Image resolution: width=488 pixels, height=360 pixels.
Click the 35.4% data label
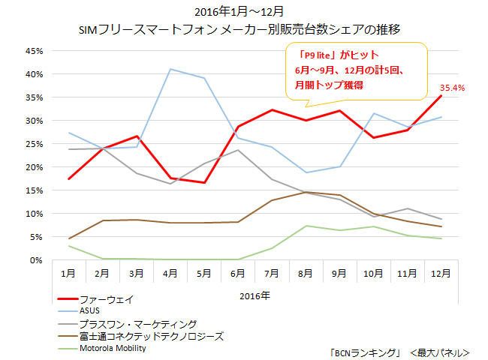(x=452, y=88)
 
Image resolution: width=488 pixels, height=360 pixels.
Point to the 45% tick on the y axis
(x=34, y=51)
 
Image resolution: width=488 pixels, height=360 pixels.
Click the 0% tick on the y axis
(x=36, y=260)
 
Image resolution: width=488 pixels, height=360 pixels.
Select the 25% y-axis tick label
(x=34, y=144)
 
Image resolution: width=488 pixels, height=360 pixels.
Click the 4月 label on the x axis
(x=170, y=274)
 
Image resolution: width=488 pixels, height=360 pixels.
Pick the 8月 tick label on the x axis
(x=306, y=274)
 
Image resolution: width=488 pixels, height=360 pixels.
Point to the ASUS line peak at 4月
(x=170, y=69)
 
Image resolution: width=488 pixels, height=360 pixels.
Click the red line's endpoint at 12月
(x=441, y=96)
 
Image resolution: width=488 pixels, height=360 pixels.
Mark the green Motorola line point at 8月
(x=306, y=226)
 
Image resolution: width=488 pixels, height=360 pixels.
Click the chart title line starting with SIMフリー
(x=244, y=30)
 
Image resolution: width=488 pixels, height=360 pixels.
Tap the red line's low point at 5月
(x=204, y=183)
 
